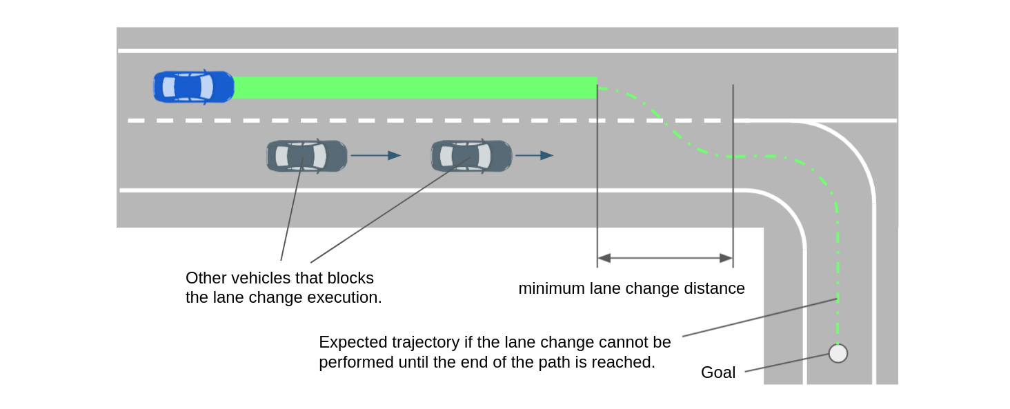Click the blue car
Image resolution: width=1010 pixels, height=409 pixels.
[193, 87]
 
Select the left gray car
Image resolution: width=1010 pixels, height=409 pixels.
[306, 156]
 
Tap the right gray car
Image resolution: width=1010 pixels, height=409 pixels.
[471, 156]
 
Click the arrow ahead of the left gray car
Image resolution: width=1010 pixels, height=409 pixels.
[375, 156]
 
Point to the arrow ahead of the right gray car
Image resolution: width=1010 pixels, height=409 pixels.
[534, 156]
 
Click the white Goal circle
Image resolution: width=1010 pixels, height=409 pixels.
[838, 353]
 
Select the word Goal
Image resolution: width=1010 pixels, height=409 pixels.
[718, 372]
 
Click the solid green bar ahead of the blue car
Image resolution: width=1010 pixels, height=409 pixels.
[414, 88]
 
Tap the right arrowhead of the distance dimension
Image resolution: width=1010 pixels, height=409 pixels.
[726, 258]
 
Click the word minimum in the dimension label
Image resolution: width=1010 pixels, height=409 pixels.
[549, 288]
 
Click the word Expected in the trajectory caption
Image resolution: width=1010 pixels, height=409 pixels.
[350, 343]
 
